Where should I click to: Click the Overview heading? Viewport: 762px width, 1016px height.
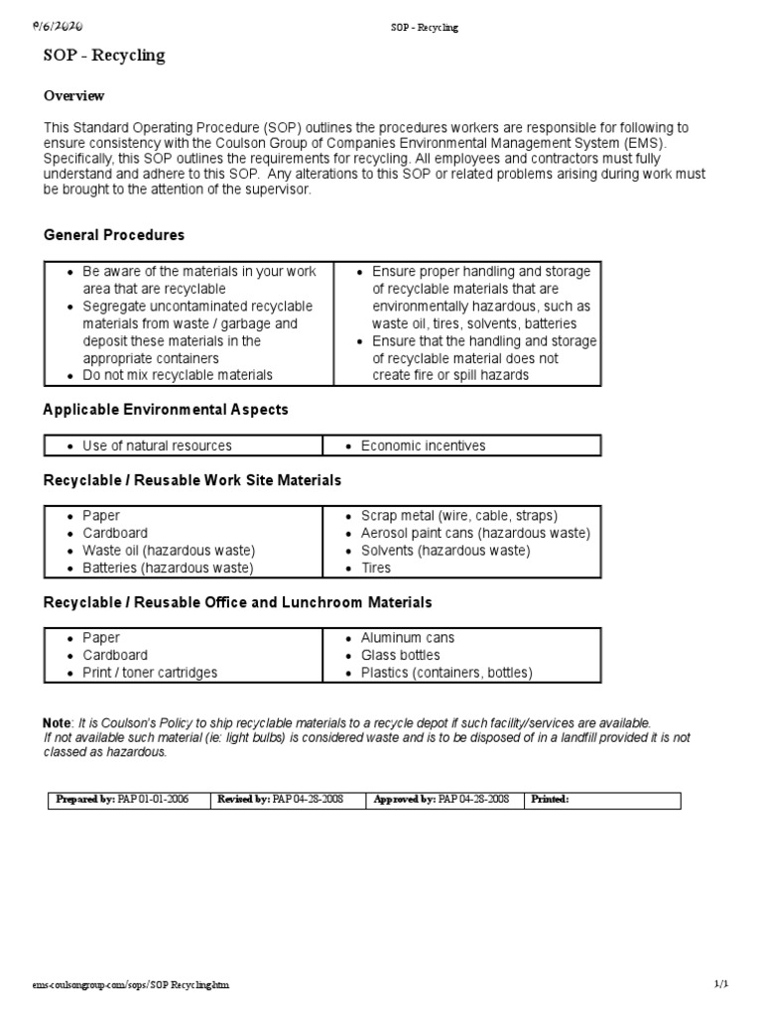point(74,96)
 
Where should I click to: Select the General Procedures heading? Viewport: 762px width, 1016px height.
point(114,235)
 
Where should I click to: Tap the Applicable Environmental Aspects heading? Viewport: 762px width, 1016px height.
point(166,409)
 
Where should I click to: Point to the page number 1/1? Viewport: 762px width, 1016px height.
point(721,983)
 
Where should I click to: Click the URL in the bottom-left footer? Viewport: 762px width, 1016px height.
point(136,984)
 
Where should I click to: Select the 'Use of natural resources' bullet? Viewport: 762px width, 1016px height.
point(157,446)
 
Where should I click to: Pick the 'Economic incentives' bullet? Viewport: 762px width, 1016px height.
point(423,446)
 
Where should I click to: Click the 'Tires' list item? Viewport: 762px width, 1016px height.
point(376,569)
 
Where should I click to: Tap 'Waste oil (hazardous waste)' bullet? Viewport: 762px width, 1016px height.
point(169,551)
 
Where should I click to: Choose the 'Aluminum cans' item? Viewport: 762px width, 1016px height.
point(408,638)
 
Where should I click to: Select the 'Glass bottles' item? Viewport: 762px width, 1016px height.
point(400,656)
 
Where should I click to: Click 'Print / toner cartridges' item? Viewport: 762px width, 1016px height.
point(150,673)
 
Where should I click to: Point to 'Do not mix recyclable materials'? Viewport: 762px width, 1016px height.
point(178,376)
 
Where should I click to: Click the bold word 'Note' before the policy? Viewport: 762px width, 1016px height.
point(57,722)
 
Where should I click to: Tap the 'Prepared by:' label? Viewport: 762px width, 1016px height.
point(86,800)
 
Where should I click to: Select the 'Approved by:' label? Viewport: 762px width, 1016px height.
point(403,800)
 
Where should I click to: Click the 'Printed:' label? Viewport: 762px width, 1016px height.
point(550,800)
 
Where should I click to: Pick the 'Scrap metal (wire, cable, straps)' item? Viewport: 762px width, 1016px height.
point(459,516)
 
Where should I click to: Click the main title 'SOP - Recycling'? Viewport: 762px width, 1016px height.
point(104,56)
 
